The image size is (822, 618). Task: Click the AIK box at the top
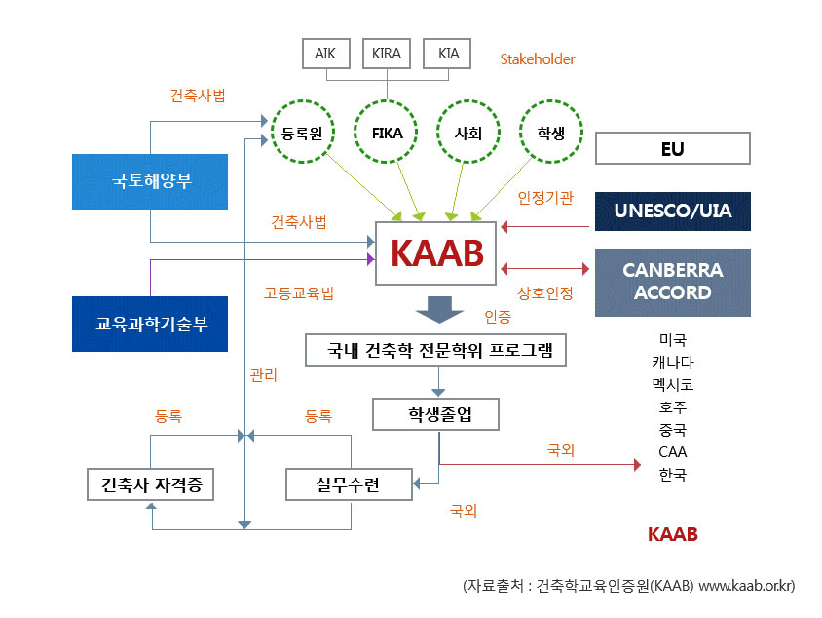point(325,54)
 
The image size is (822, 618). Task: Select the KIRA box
point(387,54)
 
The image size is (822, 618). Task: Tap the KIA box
point(448,54)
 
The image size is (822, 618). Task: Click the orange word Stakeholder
point(538,59)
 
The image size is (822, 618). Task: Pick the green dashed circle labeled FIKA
point(387,133)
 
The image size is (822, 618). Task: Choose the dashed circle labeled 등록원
point(301,133)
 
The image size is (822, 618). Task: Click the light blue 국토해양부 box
point(150,181)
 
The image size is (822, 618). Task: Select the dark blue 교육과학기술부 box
point(150,324)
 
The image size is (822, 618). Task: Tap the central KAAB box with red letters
point(436,252)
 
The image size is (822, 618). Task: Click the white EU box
point(672,149)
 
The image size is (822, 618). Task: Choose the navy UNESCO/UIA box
point(672,211)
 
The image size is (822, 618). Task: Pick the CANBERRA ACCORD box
point(672,282)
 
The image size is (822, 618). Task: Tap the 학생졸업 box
point(436,414)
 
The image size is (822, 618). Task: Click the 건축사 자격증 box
point(150,484)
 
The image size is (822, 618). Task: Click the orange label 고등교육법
point(299,292)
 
